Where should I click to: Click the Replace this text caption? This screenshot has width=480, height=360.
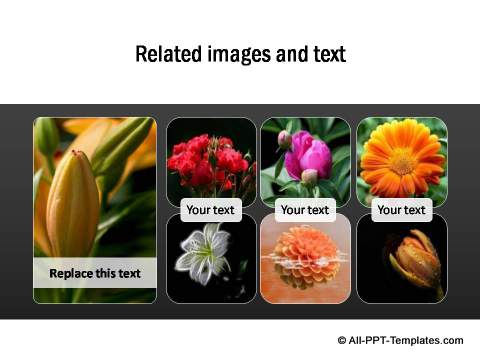coord(95,273)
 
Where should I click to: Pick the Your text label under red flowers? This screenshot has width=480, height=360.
coord(209,210)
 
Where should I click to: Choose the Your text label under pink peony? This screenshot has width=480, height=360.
coord(305,210)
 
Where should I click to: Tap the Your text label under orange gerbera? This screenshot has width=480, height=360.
coord(401,210)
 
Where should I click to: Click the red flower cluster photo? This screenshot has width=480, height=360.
coord(209,160)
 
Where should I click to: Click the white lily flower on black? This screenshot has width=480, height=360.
coord(205,256)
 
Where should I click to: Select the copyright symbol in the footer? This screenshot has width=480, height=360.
coord(342,340)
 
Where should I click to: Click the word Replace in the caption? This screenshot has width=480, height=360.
coord(70,273)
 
